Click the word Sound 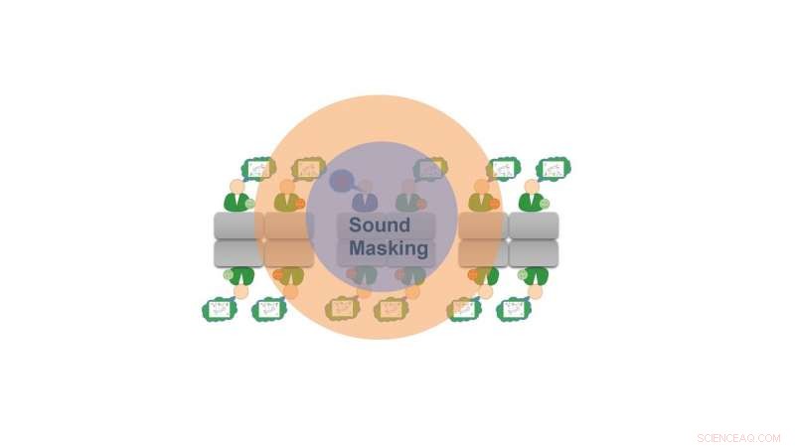[379, 225]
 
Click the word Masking [389, 248]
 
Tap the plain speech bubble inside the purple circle [342, 181]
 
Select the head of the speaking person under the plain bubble [365, 186]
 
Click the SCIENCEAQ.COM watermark [739, 437]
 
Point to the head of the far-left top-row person [237, 186]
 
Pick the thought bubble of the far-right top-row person [554, 169]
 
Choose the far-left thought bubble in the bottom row [220, 309]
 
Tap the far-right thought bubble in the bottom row [514, 309]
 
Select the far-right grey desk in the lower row [534, 254]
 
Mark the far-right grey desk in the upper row [534, 225]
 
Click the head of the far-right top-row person [532, 186]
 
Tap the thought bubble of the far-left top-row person [258, 169]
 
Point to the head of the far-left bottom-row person [241, 292]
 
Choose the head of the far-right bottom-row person [537, 292]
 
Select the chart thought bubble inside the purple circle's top [430, 169]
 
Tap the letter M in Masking [358, 248]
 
